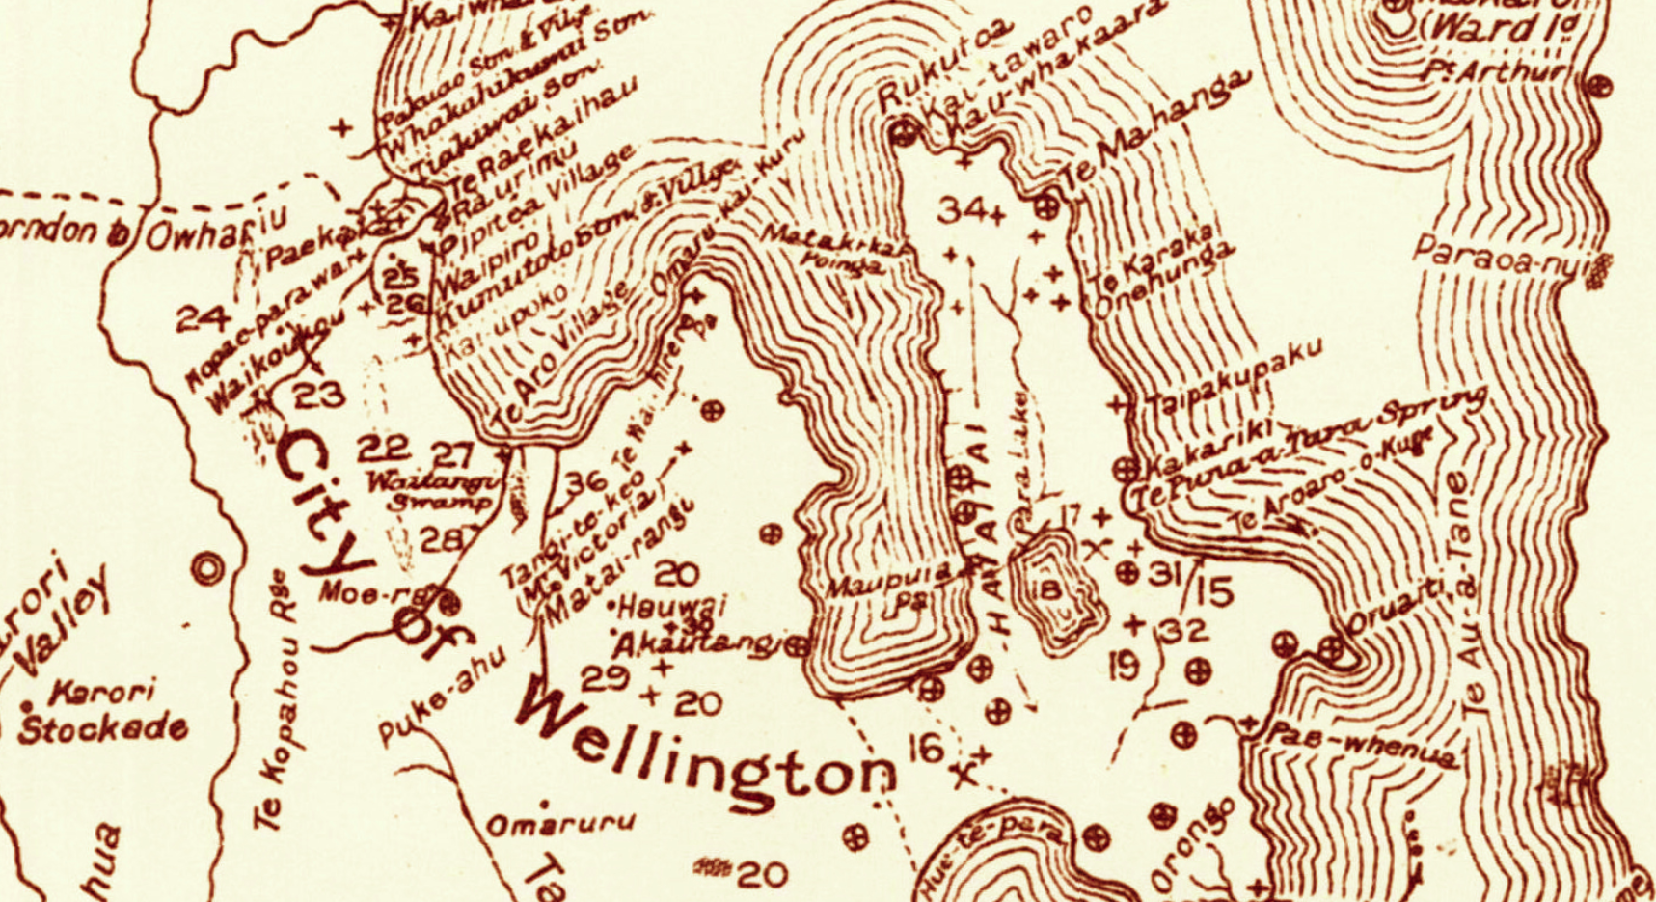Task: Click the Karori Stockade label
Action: tap(101, 712)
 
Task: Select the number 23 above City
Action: tap(318, 395)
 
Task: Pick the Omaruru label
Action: tap(559, 823)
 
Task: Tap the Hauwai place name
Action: tap(659, 608)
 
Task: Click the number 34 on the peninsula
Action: tap(962, 208)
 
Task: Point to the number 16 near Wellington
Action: tap(926, 747)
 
